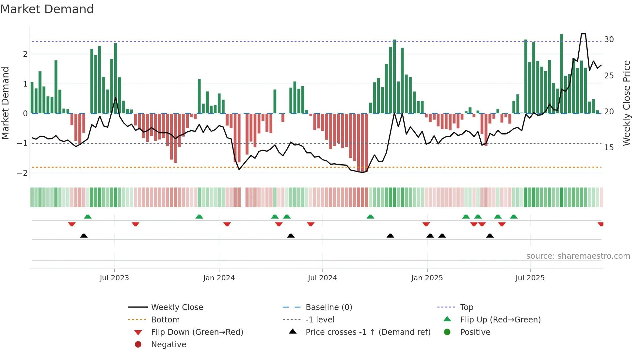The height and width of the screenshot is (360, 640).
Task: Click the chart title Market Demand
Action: pyautogui.click(x=47, y=9)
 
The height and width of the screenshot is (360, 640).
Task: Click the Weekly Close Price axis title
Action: pyautogui.click(x=626, y=103)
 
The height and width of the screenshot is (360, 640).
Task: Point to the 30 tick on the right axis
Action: pyautogui.click(x=609, y=40)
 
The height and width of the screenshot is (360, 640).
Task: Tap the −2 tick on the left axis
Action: pyautogui.click(x=23, y=173)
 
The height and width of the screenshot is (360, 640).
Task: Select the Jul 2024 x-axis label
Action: pyautogui.click(x=322, y=278)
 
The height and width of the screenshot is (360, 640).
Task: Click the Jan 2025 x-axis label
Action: pyautogui.click(x=427, y=278)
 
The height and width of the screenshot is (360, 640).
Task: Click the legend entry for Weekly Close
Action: pyautogui.click(x=177, y=307)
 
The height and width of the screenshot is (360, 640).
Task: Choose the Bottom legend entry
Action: pyautogui.click(x=165, y=320)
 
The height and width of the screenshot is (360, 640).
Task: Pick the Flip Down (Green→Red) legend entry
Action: pyautogui.click(x=197, y=332)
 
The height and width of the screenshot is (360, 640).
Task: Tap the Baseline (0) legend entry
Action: pyautogui.click(x=328, y=307)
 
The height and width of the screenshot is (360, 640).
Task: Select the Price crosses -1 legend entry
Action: pyautogui.click(x=368, y=332)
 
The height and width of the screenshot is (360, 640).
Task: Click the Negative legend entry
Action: pyautogui.click(x=168, y=345)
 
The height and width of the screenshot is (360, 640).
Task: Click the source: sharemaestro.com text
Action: pyautogui.click(x=578, y=256)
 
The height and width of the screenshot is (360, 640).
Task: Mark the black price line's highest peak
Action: pyautogui.click(x=583, y=34)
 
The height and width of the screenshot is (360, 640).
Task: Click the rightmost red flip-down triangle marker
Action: pyautogui.click(x=600, y=224)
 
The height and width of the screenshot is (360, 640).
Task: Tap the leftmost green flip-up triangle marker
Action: pyautogui.click(x=88, y=217)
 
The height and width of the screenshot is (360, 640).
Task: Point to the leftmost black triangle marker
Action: pyautogui.click(x=84, y=236)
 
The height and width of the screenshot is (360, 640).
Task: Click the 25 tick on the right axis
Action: pyautogui.click(x=609, y=76)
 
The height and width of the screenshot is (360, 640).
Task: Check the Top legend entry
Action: pyautogui.click(x=466, y=307)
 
